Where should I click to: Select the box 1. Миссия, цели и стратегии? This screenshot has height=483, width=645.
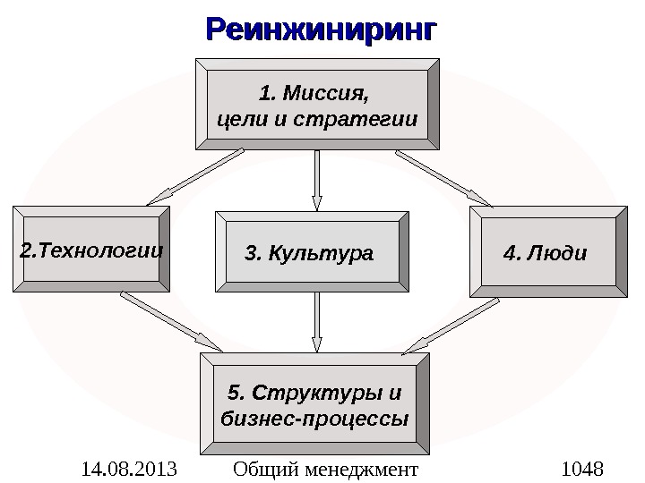[318, 104]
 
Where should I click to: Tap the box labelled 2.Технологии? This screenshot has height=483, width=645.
[91, 250]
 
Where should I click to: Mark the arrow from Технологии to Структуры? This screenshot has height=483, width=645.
[170, 321]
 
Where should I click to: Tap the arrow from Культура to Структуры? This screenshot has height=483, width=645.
[317, 322]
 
